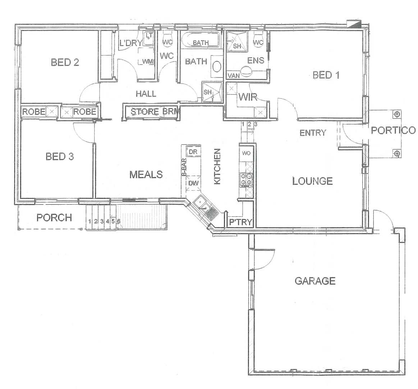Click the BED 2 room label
point(65,62)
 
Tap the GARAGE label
point(315,281)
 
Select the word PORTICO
point(393,130)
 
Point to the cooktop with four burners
point(246,179)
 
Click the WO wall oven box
point(246,153)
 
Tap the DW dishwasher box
point(193,183)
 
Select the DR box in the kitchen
point(193,152)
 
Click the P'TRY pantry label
point(241,222)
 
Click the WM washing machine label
point(147,62)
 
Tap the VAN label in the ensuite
point(234,76)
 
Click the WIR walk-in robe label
point(248,97)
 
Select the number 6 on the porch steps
point(118,221)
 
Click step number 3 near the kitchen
point(256,124)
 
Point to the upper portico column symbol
point(397,115)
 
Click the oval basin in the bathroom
point(217,67)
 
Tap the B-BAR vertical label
point(184,167)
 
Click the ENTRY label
point(313,133)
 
